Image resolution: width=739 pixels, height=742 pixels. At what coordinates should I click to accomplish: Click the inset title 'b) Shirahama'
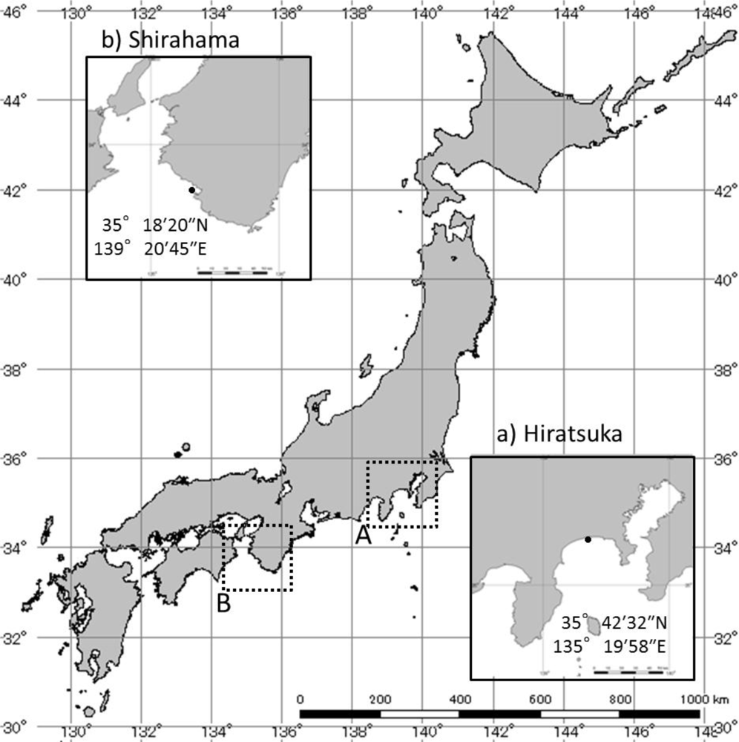click(170, 40)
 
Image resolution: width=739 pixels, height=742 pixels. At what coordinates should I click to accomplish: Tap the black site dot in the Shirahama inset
click(191, 190)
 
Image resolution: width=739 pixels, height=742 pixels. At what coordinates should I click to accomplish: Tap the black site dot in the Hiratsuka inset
click(588, 539)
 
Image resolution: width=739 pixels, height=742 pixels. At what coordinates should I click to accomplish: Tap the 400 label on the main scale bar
click(459, 700)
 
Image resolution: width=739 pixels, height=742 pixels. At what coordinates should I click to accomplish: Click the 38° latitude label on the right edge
click(724, 369)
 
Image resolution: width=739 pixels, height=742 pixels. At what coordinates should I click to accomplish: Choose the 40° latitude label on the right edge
click(724, 279)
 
